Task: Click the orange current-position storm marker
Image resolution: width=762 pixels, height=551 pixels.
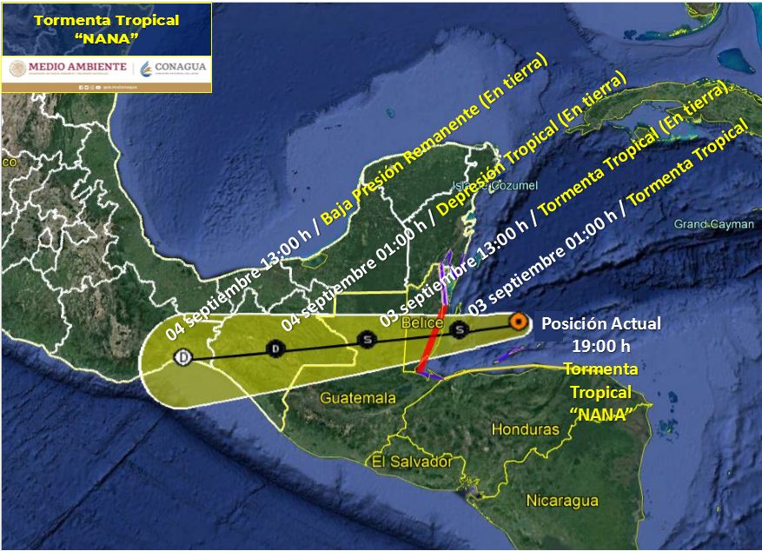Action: pyautogui.click(x=518, y=322)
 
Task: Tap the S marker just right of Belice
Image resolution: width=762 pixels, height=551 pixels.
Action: pyautogui.click(x=459, y=329)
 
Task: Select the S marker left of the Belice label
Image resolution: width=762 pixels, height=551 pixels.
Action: pyautogui.click(x=368, y=339)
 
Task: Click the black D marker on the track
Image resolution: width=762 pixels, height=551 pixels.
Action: pyautogui.click(x=275, y=349)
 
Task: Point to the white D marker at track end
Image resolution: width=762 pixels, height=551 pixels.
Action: pyautogui.click(x=182, y=357)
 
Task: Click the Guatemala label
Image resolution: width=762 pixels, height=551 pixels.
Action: pyautogui.click(x=358, y=398)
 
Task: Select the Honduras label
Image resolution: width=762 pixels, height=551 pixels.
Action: pyautogui.click(x=526, y=429)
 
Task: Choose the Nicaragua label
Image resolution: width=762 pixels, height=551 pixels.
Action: pyautogui.click(x=562, y=501)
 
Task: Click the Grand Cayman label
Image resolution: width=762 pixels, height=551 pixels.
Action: pyautogui.click(x=714, y=224)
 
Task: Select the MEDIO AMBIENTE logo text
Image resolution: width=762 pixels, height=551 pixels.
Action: pyautogui.click(x=68, y=67)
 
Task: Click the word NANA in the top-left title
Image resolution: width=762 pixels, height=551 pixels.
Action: pyautogui.click(x=106, y=40)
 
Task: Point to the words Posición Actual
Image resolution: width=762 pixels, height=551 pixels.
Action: pyautogui.click(x=600, y=324)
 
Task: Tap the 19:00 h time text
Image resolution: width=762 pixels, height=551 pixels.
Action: pyautogui.click(x=600, y=346)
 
